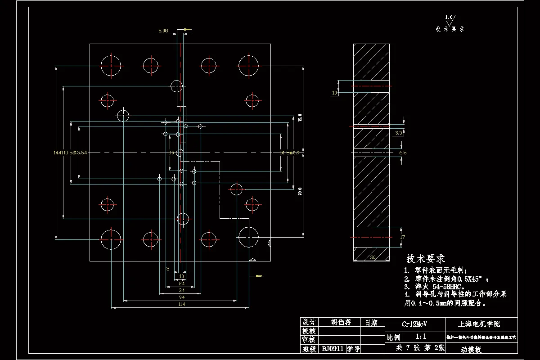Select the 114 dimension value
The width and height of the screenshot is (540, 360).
(x=181, y=304)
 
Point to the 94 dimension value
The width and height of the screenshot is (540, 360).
(x=181, y=297)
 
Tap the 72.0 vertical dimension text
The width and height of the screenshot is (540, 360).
(x=300, y=118)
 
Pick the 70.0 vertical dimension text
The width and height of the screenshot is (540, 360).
(x=300, y=192)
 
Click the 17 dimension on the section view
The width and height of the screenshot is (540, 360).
(x=402, y=237)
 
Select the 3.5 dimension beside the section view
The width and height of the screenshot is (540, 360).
(x=399, y=133)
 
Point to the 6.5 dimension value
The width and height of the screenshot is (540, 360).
(x=403, y=153)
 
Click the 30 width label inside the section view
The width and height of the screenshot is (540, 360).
(x=373, y=258)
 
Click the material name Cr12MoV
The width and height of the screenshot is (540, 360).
(x=414, y=324)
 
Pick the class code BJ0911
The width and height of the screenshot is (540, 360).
(x=333, y=349)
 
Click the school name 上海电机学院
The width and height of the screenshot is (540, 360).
(x=479, y=324)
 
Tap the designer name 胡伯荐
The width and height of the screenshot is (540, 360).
(x=341, y=322)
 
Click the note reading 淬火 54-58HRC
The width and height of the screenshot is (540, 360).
(x=437, y=286)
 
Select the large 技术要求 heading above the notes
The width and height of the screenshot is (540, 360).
(x=426, y=259)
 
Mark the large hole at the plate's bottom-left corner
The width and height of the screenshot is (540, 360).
(x=111, y=239)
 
